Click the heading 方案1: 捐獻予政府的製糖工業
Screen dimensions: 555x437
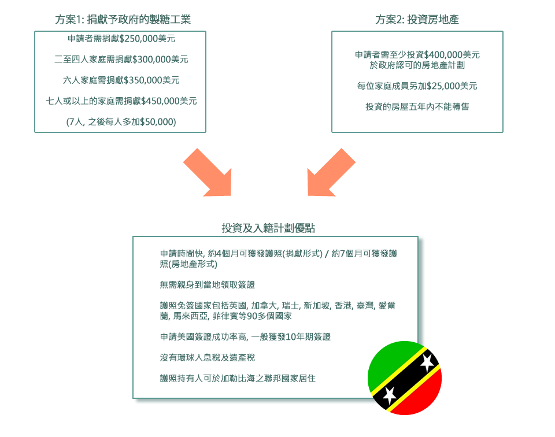[123, 20]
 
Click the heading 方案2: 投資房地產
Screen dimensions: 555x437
[417, 20]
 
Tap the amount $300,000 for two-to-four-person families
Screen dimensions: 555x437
[151, 60]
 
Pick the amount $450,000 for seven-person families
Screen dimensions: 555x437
[160, 101]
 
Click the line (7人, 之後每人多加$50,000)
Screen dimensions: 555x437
[121, 122]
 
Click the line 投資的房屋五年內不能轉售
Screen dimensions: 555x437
[417, 107]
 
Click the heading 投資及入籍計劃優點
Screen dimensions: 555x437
[268, 228]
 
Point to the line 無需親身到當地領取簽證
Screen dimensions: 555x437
[208, 285]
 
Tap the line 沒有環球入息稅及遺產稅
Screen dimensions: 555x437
[208, 358]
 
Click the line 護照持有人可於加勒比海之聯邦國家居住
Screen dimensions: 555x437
[238, 379]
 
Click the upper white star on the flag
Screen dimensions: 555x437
[427, 362]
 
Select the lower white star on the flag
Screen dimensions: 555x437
[390, 395]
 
